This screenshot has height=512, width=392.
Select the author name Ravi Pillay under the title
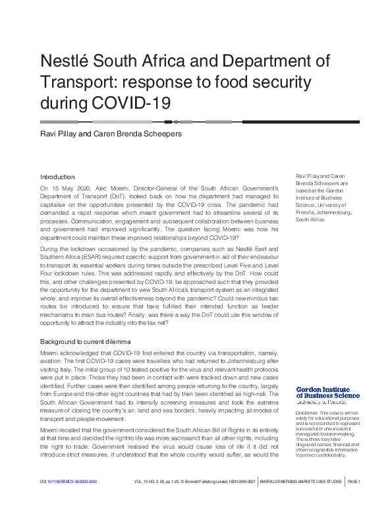[x=59, y=134]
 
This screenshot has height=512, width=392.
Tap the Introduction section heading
[x=58, y=177]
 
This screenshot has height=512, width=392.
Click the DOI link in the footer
[x=69, y=500]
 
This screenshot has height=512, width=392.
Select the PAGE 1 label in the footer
[x=350, y=500]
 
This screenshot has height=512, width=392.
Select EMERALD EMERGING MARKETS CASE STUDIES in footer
[x=301, y=500]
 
